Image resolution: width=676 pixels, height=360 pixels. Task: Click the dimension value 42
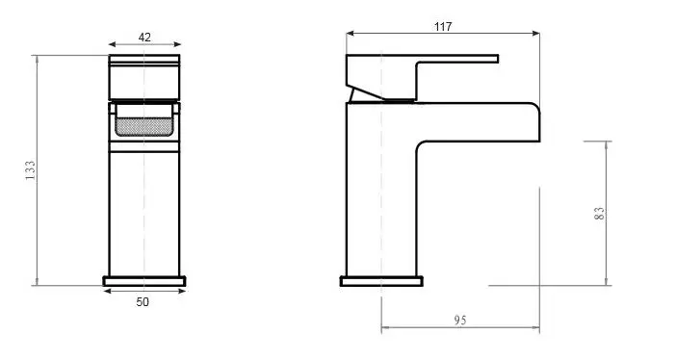pyautogui.click(x=144, y=37)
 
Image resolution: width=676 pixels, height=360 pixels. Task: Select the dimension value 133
pyautogui.click(x=30, y=170)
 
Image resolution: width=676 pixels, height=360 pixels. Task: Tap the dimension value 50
pyautogui.click(x=143, y=302)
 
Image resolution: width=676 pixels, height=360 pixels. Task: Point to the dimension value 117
pyautogui.click(x=443, y=26)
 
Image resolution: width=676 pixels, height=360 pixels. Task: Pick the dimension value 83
pyautogui.click(x=599, y=214)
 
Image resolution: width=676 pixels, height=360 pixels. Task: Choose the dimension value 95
pyautogui.click(x=460, y=320)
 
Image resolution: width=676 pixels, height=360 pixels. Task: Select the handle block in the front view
pyautogui.click(x=144, y=77)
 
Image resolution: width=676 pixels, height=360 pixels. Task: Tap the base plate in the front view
pyautogui.click(x=144, y=281)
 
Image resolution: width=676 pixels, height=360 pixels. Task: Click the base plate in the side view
pyautogui.click(x=381, y=281)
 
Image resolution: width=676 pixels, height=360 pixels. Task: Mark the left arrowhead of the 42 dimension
pyautogui.click(x=112, y=44)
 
